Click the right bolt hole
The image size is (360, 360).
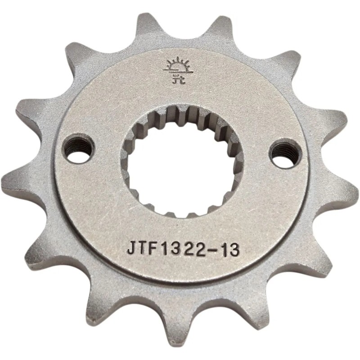point(285,152)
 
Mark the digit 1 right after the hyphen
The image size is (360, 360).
point(224,249)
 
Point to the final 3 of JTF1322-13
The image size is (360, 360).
point(234,249)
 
